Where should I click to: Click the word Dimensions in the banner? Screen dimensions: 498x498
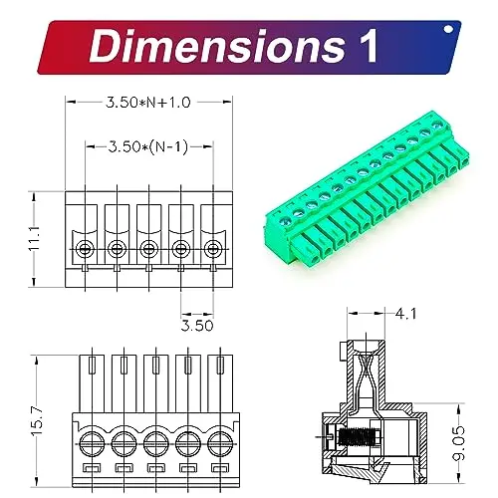pyautogui.click(x=217, y=46)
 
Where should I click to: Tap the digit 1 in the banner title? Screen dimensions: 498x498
pyautogui.click(x=369, y=46)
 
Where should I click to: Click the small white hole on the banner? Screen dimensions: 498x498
pyautogui.click(x=448, y=29)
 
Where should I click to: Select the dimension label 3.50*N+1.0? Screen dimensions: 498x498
pyautogui.click(x=148, y=103)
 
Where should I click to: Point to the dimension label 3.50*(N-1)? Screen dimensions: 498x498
pyautogui.click(x=148, y=146)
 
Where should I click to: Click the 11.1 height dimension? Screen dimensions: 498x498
pyautogui.click(x=34, y=238)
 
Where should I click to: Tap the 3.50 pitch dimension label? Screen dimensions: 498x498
pyautogui.click(x=197, y=326)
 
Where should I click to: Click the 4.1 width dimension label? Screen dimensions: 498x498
pyautogui.click(x=405, y=314)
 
